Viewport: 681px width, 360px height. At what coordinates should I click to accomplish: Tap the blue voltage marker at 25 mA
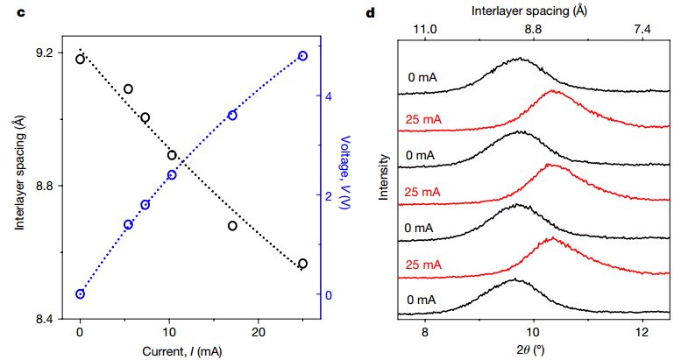click(x=302, y=56)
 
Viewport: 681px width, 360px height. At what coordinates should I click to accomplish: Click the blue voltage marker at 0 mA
click(x=80, y=294)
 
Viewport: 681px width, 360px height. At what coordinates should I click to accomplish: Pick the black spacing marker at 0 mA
click(x=80, y=60)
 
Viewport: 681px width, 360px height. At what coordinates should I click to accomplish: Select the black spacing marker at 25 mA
click(x=302, y=264)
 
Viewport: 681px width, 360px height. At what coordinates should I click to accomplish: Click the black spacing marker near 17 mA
click(x=233, y=226)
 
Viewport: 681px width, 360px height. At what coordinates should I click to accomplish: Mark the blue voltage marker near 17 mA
click(x=232, y=116)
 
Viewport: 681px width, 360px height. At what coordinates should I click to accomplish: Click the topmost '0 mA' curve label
click(x=422, y=78)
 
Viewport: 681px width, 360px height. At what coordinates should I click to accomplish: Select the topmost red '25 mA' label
click(x=424, y=118)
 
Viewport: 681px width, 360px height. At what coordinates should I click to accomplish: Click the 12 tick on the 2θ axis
click(x=642, y=334)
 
